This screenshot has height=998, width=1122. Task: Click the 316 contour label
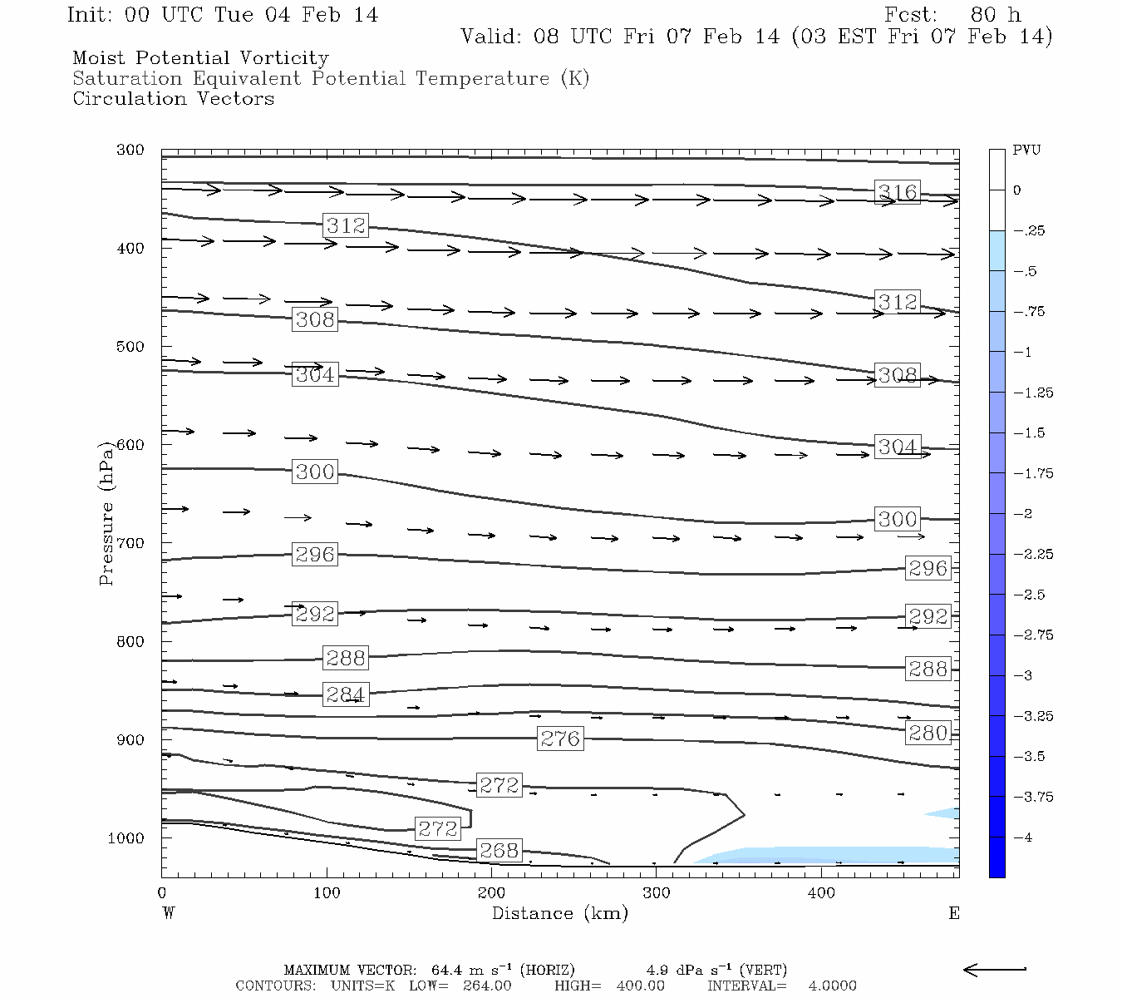tap(898, 192)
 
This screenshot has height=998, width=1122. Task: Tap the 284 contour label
tap(345, 694)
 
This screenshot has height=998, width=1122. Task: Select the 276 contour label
tap(560, 739)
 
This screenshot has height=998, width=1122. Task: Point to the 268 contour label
tap(499, 850)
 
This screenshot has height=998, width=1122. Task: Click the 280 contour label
tap(928, 733)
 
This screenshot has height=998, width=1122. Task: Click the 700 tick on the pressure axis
tap(130, 543)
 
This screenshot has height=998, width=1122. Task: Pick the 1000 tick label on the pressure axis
tap(126, 838)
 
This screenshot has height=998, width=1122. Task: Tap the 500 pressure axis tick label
tap(130, 347)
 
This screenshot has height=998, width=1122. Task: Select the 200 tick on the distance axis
tap(491, 893)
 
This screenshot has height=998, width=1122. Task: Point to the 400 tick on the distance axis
tap(821, 893)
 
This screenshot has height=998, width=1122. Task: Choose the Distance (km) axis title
tap(559, 913)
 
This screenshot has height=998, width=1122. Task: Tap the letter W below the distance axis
tap(169, 913)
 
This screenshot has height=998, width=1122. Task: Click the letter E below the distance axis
tap(953, 913)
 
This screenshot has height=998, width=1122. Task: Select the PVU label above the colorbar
tap(1026, 151)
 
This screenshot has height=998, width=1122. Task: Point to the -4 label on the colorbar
tap(1023, 837)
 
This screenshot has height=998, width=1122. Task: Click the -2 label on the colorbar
tap(1023, 514)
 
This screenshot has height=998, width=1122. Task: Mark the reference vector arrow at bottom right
tap(995, 969)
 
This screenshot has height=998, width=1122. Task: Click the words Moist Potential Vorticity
tap(200, 58)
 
